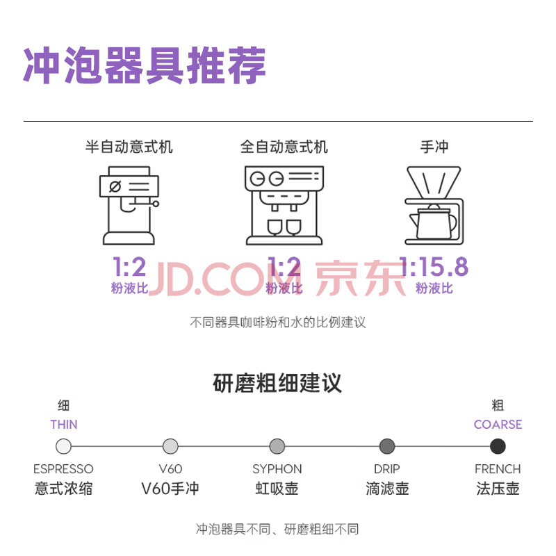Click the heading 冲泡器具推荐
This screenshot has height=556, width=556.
click(145, 66)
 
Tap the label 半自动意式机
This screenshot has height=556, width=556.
click(129, 147)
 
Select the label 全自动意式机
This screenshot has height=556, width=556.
click(284, 147)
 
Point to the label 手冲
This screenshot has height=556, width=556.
click(434, 147)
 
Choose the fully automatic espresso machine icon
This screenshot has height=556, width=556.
click(284, 205)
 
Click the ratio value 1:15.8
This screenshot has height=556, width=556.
click(434, 267)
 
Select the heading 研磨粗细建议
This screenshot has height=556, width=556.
click(277, 383)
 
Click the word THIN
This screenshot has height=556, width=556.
click(64, 425)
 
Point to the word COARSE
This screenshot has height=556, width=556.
click(498, 425)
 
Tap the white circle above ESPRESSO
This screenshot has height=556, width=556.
click(64, 446)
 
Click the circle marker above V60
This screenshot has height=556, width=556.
click(170, 446)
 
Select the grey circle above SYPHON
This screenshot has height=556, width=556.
click(277, 446)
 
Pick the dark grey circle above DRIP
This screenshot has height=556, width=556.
click(387, 446)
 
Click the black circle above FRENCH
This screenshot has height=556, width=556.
click(498, 446)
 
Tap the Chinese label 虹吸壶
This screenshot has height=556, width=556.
click(277, 489)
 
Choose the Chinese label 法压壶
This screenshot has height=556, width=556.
click(498, 489)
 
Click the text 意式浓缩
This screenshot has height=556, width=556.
click(64, 489)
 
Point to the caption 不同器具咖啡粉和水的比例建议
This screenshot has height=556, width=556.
click(277, 322)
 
